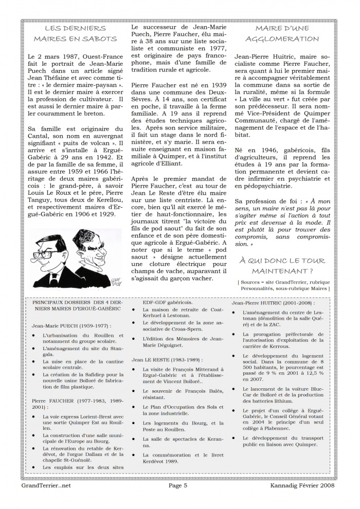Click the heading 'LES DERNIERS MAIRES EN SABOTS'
[x=75, y=33]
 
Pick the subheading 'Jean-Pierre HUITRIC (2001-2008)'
[x=271, y=303]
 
